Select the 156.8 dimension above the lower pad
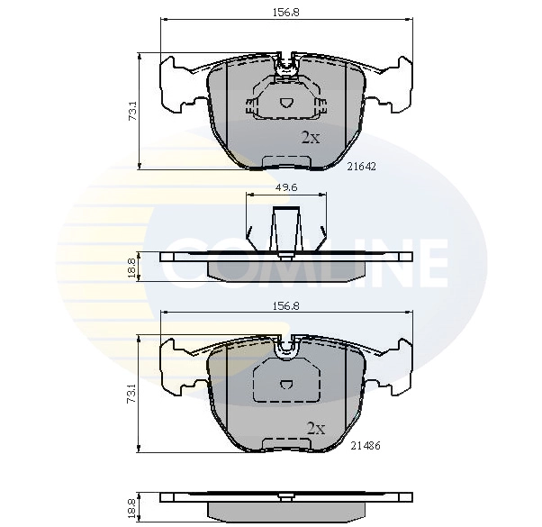[x=285, y=305]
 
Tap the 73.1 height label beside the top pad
[x=132, y=112]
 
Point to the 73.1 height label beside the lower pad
[x=132, y=395]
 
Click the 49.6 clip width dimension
[x=286, y=188]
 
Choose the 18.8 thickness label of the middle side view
[x=132, y=268]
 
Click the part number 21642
[x=362, y=166]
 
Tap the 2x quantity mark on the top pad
[x=311, y=138]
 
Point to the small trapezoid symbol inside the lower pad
[x=285, y=384]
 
